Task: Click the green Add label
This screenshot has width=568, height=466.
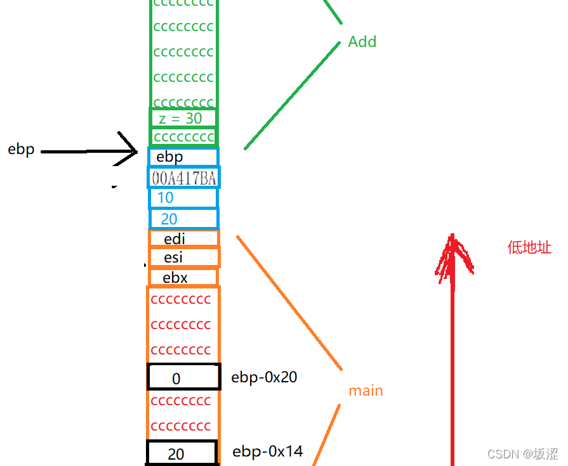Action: point(362,42)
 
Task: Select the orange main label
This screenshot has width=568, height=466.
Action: point(366,391)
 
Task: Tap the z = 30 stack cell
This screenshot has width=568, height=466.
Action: point(183,118)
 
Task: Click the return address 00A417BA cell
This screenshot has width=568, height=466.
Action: point(183,178)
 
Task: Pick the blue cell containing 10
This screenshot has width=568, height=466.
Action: point(183,198)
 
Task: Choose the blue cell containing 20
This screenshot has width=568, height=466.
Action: point(183,219)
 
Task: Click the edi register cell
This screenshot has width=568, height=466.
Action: point(183,239)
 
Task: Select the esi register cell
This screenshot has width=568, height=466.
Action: point(183,258)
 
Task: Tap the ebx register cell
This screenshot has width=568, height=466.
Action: point(183,278)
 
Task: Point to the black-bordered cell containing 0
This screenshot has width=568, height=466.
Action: point(183,377)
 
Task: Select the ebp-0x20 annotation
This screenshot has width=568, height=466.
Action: point(264,377)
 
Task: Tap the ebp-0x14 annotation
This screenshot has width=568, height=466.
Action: point(267,451)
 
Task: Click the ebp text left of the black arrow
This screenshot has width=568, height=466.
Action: point(21,150)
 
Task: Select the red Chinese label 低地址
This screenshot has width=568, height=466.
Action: point(529,248)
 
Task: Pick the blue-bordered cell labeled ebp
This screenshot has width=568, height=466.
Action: point(183,157)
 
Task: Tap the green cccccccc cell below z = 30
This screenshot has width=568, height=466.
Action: point(183,137)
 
